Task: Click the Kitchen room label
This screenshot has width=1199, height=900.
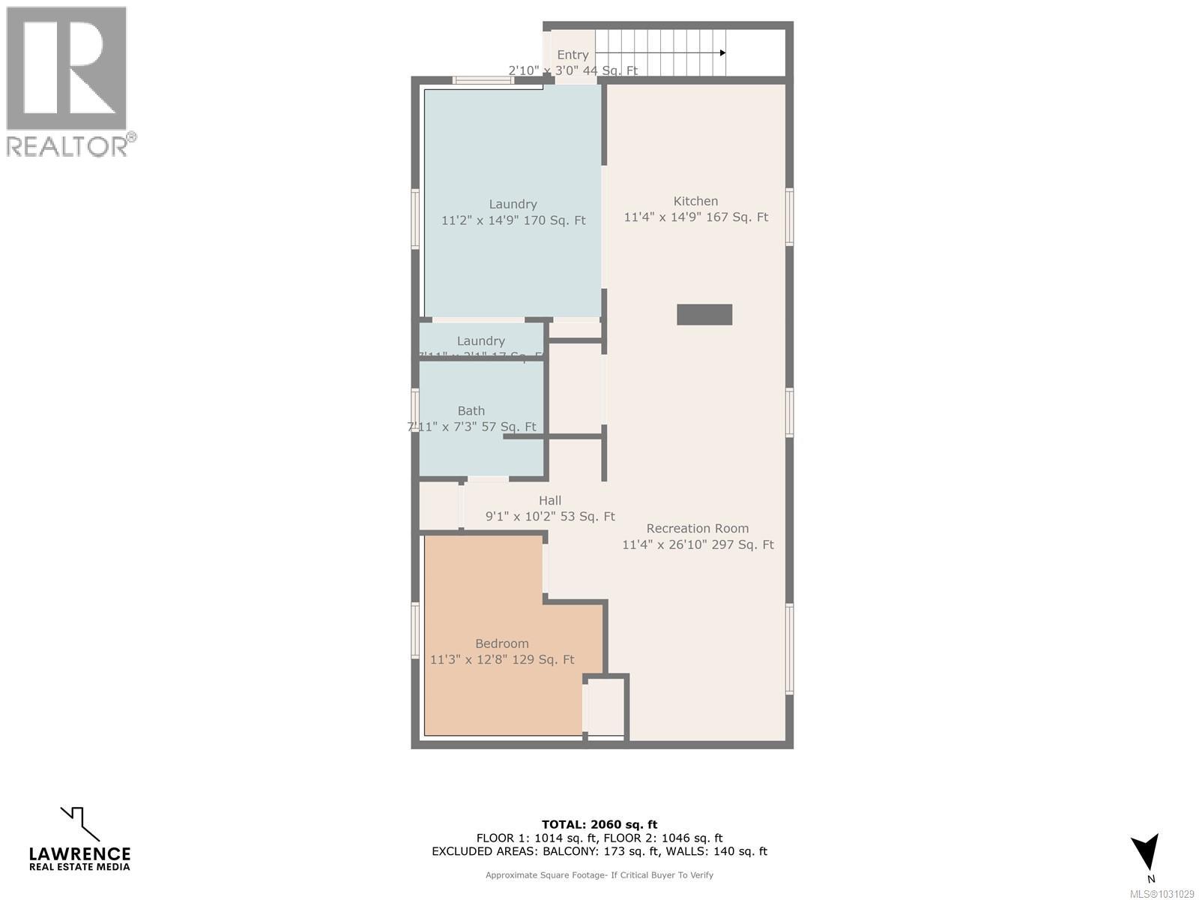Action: (x=695, y=201)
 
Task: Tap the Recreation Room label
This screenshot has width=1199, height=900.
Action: (x=697, y=528)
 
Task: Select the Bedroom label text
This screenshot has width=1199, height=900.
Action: (x=501, y=643)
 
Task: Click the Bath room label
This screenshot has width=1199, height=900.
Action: (x=471, y=410)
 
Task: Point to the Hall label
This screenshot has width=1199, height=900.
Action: (x=549, y=500)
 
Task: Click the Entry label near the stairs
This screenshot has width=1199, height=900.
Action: (x=573, y=55)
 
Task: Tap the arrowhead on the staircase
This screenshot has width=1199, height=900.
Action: (x=722, y=52)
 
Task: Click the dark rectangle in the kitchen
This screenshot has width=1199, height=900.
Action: (x=704, y=314)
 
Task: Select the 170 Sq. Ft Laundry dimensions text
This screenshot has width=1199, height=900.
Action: (x=513, y=220)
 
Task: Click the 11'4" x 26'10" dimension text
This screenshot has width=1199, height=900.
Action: (x=697, y=544)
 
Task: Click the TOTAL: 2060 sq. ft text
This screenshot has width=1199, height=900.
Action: (x=599, y=824)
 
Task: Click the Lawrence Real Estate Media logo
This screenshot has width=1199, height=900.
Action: (x=79, y=840)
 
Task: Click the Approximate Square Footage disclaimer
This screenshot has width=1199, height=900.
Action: (x=599, y=874)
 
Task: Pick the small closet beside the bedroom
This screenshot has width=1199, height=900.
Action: (x=605, y=706)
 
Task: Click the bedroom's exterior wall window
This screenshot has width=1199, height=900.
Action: (x=415, y=630)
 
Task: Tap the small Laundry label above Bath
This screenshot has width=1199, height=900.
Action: (x=480, y=341)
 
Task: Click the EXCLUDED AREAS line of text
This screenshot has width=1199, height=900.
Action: (x=599, y=851)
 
